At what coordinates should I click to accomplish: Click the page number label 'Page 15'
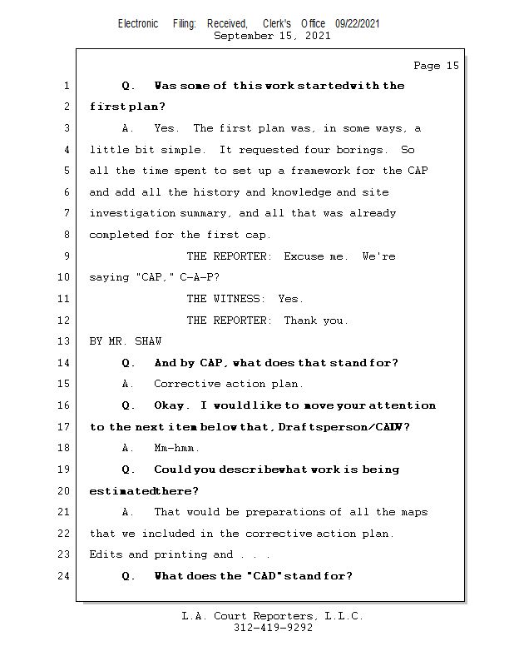(x=436, y=66)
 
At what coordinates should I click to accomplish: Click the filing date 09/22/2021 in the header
(x=357, y=24)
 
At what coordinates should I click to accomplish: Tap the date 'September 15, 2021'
(x=272, y=36)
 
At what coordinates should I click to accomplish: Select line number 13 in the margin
(x=65, y=341)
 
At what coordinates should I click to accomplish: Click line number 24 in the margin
(x=65, y=575)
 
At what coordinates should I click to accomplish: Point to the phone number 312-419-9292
(x=273, y=628)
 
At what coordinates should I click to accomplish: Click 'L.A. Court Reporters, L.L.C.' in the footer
(x=273, y=616)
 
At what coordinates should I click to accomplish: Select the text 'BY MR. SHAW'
(x=126, y=341)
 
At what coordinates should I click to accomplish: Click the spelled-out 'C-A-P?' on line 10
(x=200, y=277)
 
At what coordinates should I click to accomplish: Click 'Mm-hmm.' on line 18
(x=177, y=448)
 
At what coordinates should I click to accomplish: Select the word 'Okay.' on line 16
(x=172, y=405)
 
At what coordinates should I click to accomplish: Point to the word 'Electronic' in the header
(x=138, y=24)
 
